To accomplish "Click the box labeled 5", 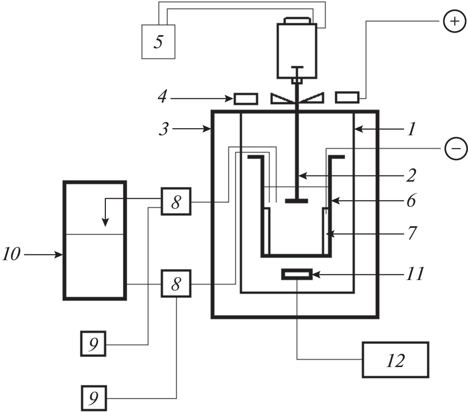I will (x=158, y=41).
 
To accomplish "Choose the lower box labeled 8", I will (x=176, y=283).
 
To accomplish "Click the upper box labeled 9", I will (x=94, y=344).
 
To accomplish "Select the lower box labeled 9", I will (x=94, y=398).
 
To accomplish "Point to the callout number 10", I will (x=11, y=255).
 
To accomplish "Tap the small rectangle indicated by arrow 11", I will (x=297, y=274).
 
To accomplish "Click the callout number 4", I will (x=162, y=98).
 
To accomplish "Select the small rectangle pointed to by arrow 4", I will (x=246, y=98).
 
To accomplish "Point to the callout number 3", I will (x=164, y=129).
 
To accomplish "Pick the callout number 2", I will (x=410, y=176).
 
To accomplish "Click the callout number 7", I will (x=411, y=232).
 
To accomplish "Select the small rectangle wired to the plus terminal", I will (x=347, y=98).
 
